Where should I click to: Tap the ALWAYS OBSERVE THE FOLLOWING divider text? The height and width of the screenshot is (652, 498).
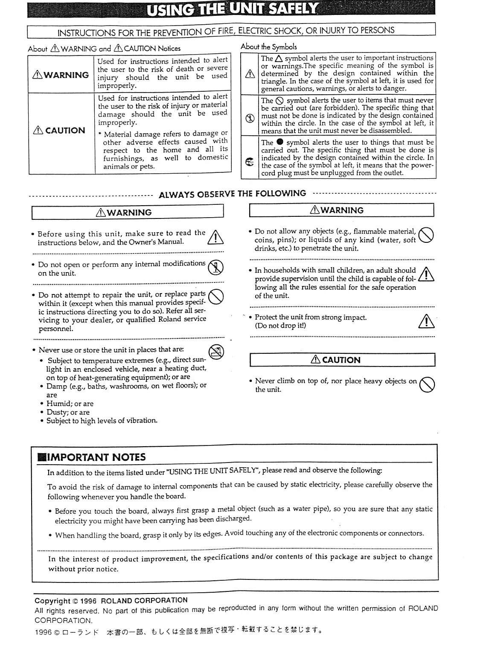232,194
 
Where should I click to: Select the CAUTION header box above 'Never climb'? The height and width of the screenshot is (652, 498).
342,360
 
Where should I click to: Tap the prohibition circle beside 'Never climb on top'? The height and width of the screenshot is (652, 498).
427,385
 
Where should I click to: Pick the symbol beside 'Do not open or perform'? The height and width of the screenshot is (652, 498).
216,268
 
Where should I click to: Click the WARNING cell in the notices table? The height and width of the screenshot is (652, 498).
61,75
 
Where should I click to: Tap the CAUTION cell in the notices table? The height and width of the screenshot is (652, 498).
61,131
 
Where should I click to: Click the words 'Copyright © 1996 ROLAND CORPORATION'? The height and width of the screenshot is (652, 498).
111,601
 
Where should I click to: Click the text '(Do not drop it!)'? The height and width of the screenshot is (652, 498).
280,326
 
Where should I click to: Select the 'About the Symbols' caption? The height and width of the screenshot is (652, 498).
269,47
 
